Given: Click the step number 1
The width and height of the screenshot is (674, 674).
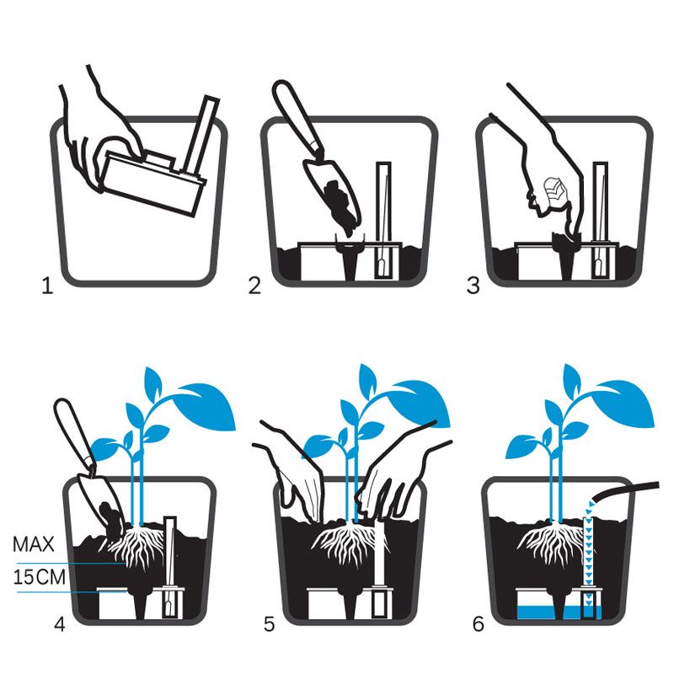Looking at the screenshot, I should tap(47, 286).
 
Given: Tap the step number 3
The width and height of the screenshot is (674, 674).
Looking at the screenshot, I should tap(473, 286).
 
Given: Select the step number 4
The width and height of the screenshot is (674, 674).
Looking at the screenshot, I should tap(59, 624).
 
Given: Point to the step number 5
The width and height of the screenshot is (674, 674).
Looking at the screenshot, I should tap(269, 624).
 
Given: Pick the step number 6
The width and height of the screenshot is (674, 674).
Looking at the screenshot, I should tap(479, 624).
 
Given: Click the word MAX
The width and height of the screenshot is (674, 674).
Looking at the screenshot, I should tap(32, 544).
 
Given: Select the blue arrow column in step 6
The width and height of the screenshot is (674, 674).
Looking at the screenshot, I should tap(589, 548).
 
